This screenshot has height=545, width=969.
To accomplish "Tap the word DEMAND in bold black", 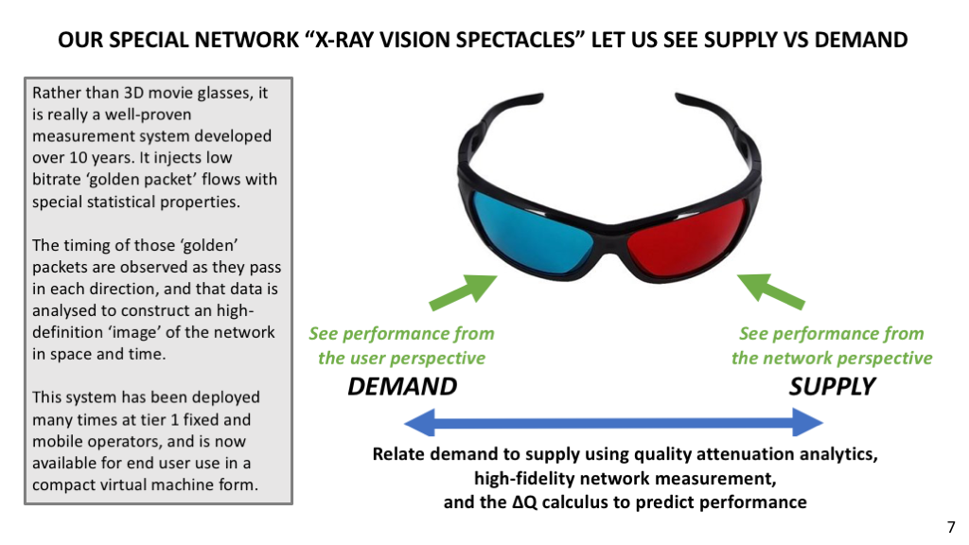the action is point(402,386).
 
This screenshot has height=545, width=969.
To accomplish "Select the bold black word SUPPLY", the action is point(832,386).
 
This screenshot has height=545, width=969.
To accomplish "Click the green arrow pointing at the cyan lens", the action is point(464,291).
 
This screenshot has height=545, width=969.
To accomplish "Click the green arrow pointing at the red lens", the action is point(770,291).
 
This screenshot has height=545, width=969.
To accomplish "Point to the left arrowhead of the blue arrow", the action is point(419,423).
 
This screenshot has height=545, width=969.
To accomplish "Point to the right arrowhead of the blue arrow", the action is point(808,423).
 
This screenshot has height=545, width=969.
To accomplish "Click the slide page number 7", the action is point(951,527).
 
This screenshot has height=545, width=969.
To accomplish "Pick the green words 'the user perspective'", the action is point(401,359).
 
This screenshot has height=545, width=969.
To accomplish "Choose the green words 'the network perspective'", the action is point(832,359).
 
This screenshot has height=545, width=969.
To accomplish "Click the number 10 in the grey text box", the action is point(78,158).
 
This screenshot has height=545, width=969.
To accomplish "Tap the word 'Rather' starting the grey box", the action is point(57,93).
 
